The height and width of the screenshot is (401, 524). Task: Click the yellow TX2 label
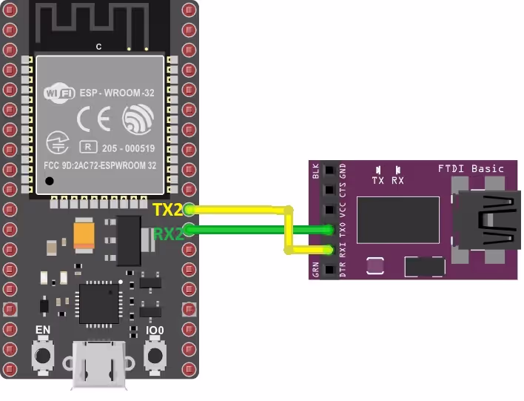(x=168, y=210)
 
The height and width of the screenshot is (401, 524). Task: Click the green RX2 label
(x=168, y=234)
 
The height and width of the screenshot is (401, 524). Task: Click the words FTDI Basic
(x=471, y=168)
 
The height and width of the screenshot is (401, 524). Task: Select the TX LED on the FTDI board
(x=378, y=170)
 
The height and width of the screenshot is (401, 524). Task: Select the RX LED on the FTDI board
(x=398, y=170)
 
